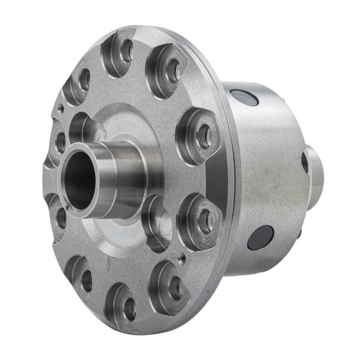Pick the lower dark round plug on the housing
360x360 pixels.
tap(261, 237)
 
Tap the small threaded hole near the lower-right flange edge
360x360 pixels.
tap(182, 258)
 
